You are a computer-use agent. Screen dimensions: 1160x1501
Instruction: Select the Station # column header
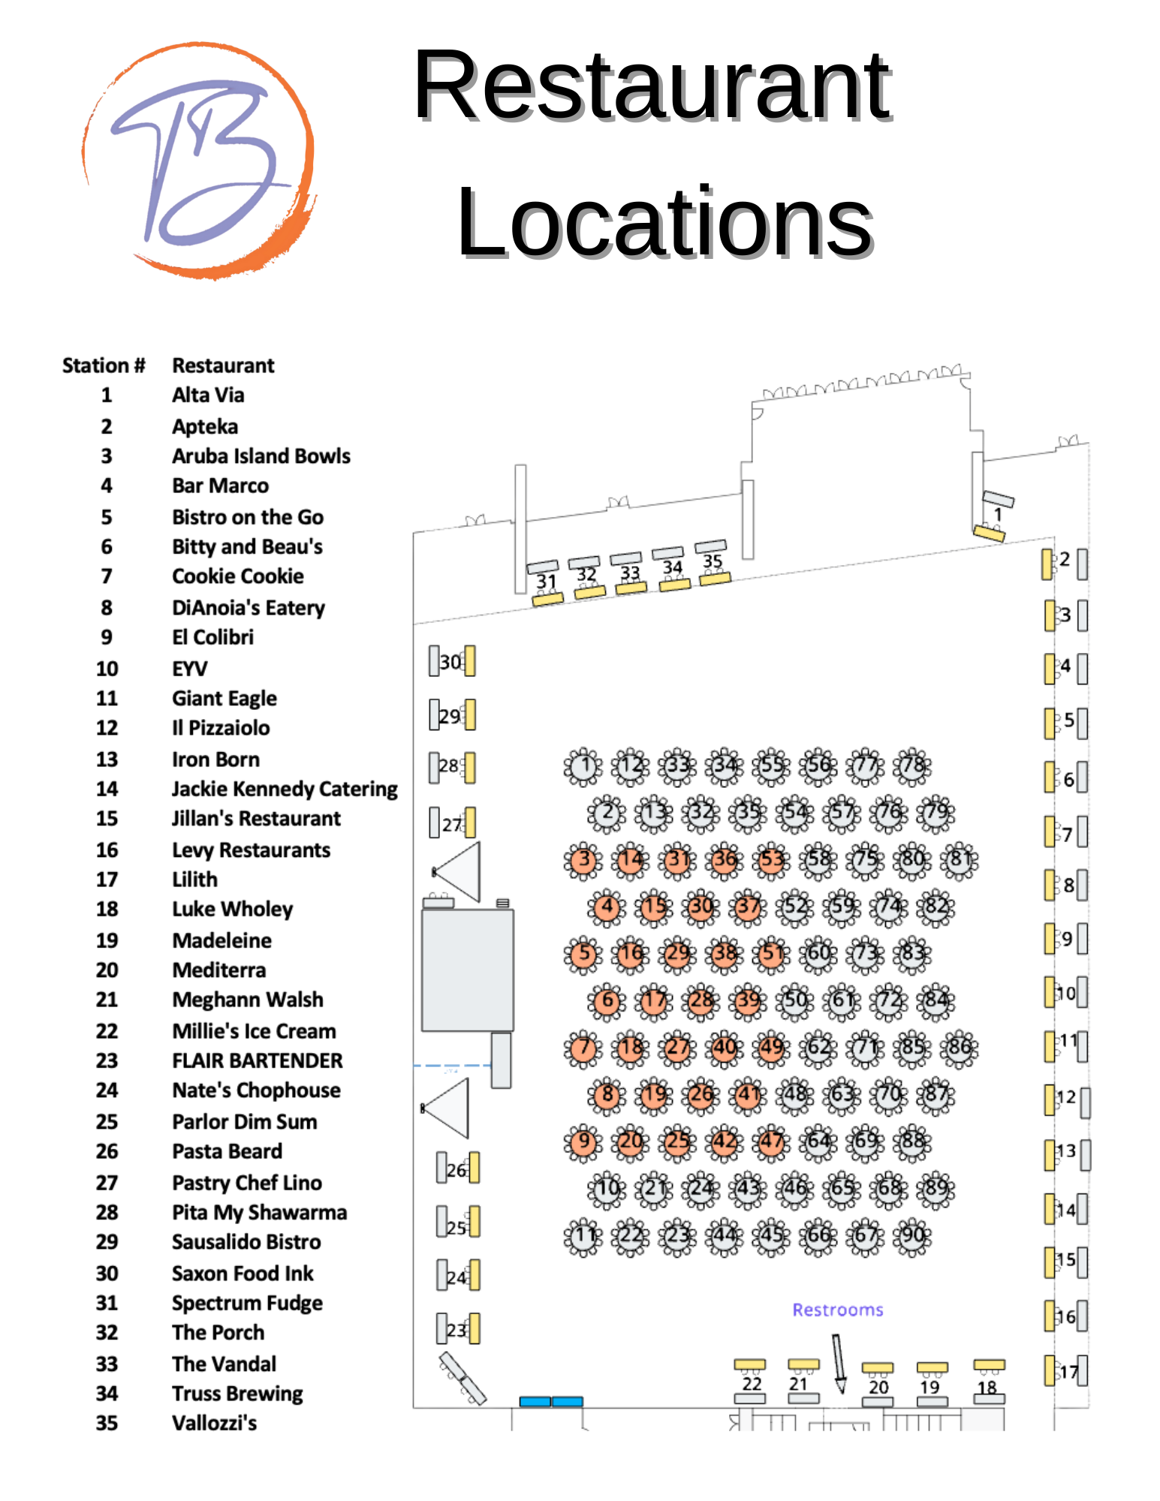point(104,365)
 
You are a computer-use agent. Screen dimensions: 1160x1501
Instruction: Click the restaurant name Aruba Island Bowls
point(261,456)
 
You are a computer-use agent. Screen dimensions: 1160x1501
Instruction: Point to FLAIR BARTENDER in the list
point(257,1060)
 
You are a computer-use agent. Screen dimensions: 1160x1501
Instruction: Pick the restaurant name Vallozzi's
point(214,1423)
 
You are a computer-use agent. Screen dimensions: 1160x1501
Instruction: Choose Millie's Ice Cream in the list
point(254,1031)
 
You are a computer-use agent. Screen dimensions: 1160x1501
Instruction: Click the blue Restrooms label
point(837,1310)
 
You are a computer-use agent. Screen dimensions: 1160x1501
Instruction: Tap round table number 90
point(912,1235)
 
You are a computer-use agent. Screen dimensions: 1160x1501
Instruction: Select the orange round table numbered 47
point(772,1142)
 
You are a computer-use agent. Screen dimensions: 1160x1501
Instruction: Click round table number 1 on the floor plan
point(583,766)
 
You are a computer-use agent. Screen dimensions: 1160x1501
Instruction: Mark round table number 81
point(960,860)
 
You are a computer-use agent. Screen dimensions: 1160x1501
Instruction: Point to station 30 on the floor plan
point(451,661)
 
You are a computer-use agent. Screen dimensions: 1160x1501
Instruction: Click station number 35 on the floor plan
point(713,561)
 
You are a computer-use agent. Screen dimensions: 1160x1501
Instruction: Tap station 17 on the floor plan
point(1067,1371)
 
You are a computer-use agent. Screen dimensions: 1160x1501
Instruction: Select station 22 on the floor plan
point(751,1383)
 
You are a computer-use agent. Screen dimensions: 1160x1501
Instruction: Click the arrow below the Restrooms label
point(839,1362)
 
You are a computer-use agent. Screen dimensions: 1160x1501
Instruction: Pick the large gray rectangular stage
point(467,970)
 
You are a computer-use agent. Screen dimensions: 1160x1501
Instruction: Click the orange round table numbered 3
point(583,860)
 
